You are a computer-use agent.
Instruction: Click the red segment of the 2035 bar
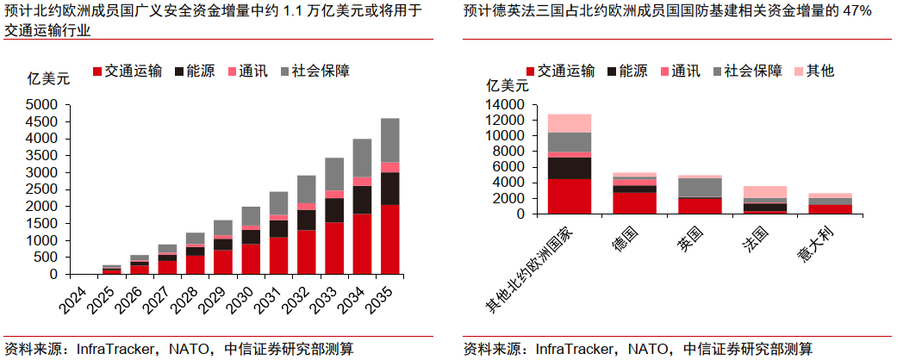[x=389, y=239]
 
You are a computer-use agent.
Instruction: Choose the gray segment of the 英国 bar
[x=699, y=187]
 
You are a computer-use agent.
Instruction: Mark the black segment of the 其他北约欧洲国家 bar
[x=570, y=168]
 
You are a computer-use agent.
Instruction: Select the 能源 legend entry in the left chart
[x=195, y=71]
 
